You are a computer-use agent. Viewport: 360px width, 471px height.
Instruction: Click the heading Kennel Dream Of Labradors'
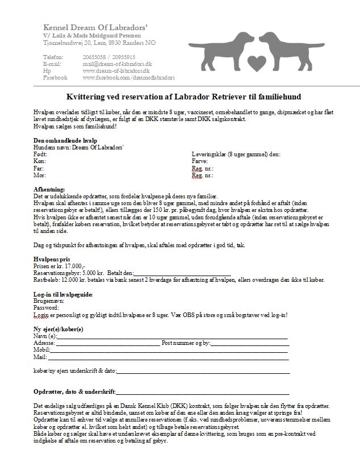tap(95, 27)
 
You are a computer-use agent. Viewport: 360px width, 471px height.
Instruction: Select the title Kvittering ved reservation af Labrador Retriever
tap(184, 97)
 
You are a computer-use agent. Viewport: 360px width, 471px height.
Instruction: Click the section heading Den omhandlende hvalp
tap(65, 140)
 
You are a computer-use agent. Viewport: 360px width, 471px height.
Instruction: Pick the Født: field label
tap(40, 154)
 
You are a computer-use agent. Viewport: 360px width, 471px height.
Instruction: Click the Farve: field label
tap(201, 161)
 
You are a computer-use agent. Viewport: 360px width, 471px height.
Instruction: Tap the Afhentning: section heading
tap(49, 189)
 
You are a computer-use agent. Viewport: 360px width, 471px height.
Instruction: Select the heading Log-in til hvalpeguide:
tap(62, 294)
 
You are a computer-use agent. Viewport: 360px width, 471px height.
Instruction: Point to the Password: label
tap(47, 308)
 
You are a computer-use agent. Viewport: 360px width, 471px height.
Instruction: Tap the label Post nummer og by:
tap(186, 343)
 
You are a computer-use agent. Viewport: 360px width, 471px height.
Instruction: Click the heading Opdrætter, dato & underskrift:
tap(74, 393)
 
